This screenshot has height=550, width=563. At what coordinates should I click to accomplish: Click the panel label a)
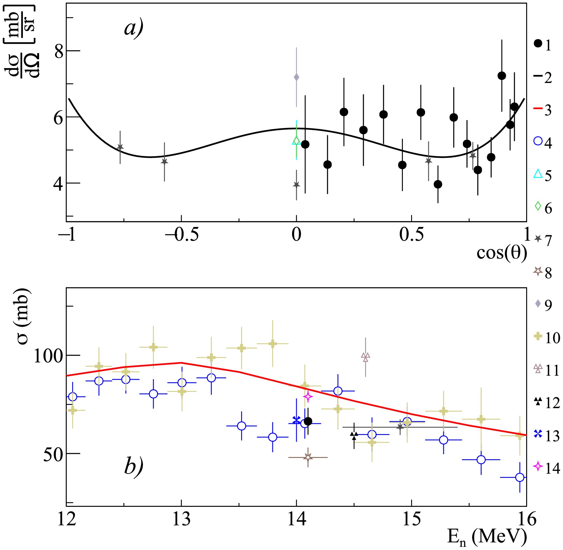click(134, 28)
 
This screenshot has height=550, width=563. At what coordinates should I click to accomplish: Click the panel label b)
click(134, 466)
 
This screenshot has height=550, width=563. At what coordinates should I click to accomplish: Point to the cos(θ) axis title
click(502, 253)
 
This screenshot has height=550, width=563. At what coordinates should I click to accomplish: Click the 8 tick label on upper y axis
click(59, 51)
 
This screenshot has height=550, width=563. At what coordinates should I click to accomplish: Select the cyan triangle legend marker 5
click(538, 174)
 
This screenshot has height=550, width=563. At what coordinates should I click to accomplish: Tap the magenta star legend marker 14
click(538, 466)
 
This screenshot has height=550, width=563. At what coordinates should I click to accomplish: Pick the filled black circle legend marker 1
click(538, 44)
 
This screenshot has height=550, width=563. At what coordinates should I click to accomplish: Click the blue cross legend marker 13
click(538, 433)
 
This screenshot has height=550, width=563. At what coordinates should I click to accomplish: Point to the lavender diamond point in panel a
click(296, 77)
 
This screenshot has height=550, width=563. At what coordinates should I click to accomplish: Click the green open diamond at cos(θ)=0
click(296, 141)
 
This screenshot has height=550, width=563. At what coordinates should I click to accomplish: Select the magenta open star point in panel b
click(308, 396)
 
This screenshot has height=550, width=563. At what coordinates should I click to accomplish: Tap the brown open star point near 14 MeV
click(308, 457)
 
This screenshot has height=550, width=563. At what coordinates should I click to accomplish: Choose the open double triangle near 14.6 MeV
click(365, 357)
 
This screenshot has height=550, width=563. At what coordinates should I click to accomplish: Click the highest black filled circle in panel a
click(502, 76)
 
